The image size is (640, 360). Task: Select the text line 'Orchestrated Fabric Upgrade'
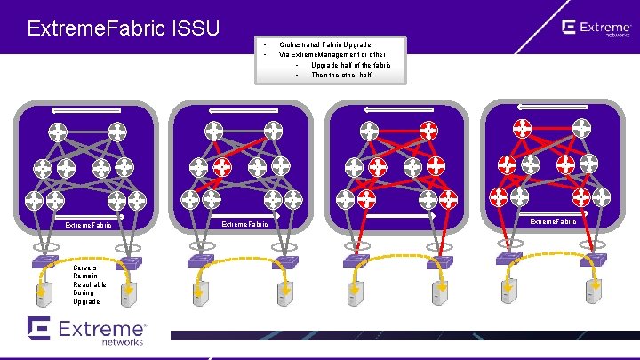coord(325,44)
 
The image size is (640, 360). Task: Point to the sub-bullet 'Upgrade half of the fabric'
coord(350,65)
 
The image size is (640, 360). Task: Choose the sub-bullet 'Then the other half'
coord(341,76)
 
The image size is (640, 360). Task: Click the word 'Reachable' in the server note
coord(89,284)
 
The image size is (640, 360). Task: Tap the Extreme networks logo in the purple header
coord(596,29)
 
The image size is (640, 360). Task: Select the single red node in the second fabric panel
coord(222,166)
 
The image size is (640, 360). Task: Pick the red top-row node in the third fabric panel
coord(428,130)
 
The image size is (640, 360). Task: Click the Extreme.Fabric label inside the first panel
coord(88,225)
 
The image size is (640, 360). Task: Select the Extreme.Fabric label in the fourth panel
coord(553,220)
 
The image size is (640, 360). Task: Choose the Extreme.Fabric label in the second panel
coord(244,224)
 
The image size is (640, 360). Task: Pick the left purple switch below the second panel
coord(195,260)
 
